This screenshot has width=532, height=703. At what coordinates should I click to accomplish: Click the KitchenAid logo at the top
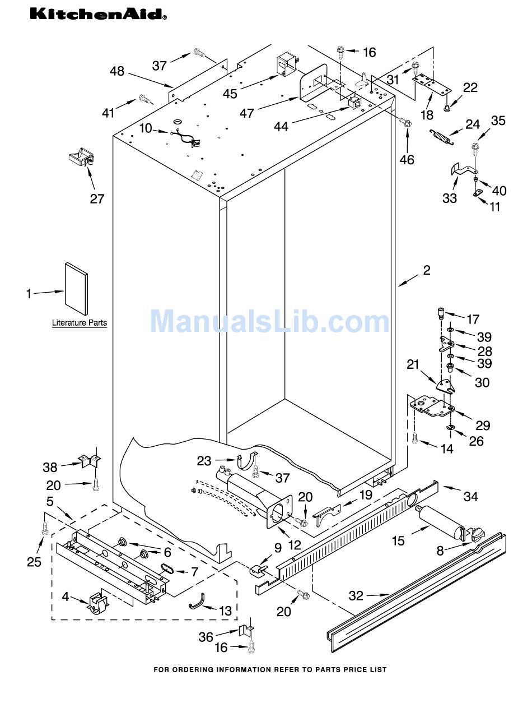[98, 13]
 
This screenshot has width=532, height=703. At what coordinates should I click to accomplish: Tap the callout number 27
[97, 198]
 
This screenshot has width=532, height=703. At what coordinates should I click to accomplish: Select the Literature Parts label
[80, 323]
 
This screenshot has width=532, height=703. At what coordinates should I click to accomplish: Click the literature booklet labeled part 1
[76, 289]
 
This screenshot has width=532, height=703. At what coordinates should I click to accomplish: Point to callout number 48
[117, 71]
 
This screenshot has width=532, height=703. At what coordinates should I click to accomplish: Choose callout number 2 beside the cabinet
[427, 270]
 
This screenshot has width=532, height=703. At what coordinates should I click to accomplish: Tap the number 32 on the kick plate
[356, 596]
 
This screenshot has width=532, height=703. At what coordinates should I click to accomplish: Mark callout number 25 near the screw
[34, 561]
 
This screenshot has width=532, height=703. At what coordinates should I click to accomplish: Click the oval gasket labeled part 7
[166, 568]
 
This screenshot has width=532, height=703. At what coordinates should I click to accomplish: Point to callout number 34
[471, 496]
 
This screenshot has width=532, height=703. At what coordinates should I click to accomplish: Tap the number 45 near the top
[230, 94]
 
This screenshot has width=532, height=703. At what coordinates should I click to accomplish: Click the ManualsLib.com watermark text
[269, 322]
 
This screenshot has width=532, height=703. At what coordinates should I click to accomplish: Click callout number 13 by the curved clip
[225, 611]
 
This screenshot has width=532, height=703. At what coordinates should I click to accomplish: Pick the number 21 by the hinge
[413, 364]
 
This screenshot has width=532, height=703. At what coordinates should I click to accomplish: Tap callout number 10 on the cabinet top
[146, 128]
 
